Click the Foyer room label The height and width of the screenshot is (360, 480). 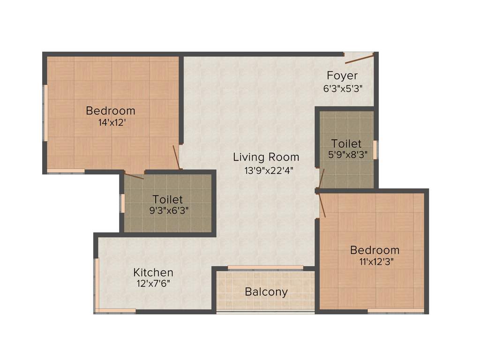(x=342, y=75)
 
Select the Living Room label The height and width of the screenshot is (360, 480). (x=266, y=157)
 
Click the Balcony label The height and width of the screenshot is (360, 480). (x=266, y=292)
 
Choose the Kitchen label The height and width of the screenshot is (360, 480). (x=153, y=272)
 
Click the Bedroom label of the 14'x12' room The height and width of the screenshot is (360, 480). (x=111, y=111)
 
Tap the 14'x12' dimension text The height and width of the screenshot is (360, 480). (x=110, y=123)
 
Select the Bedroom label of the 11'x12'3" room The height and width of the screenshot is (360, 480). (x=375, y=250)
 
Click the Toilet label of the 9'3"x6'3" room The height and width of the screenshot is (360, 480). (x=168, y=200)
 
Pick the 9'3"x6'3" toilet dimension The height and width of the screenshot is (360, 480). (x=169, y=211)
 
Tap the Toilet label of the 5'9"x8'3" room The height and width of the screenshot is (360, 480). (x=346, y=143)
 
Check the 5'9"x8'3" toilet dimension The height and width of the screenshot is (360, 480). (x=346, y=154)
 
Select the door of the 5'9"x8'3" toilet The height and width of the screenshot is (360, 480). (x=322, y=178)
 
